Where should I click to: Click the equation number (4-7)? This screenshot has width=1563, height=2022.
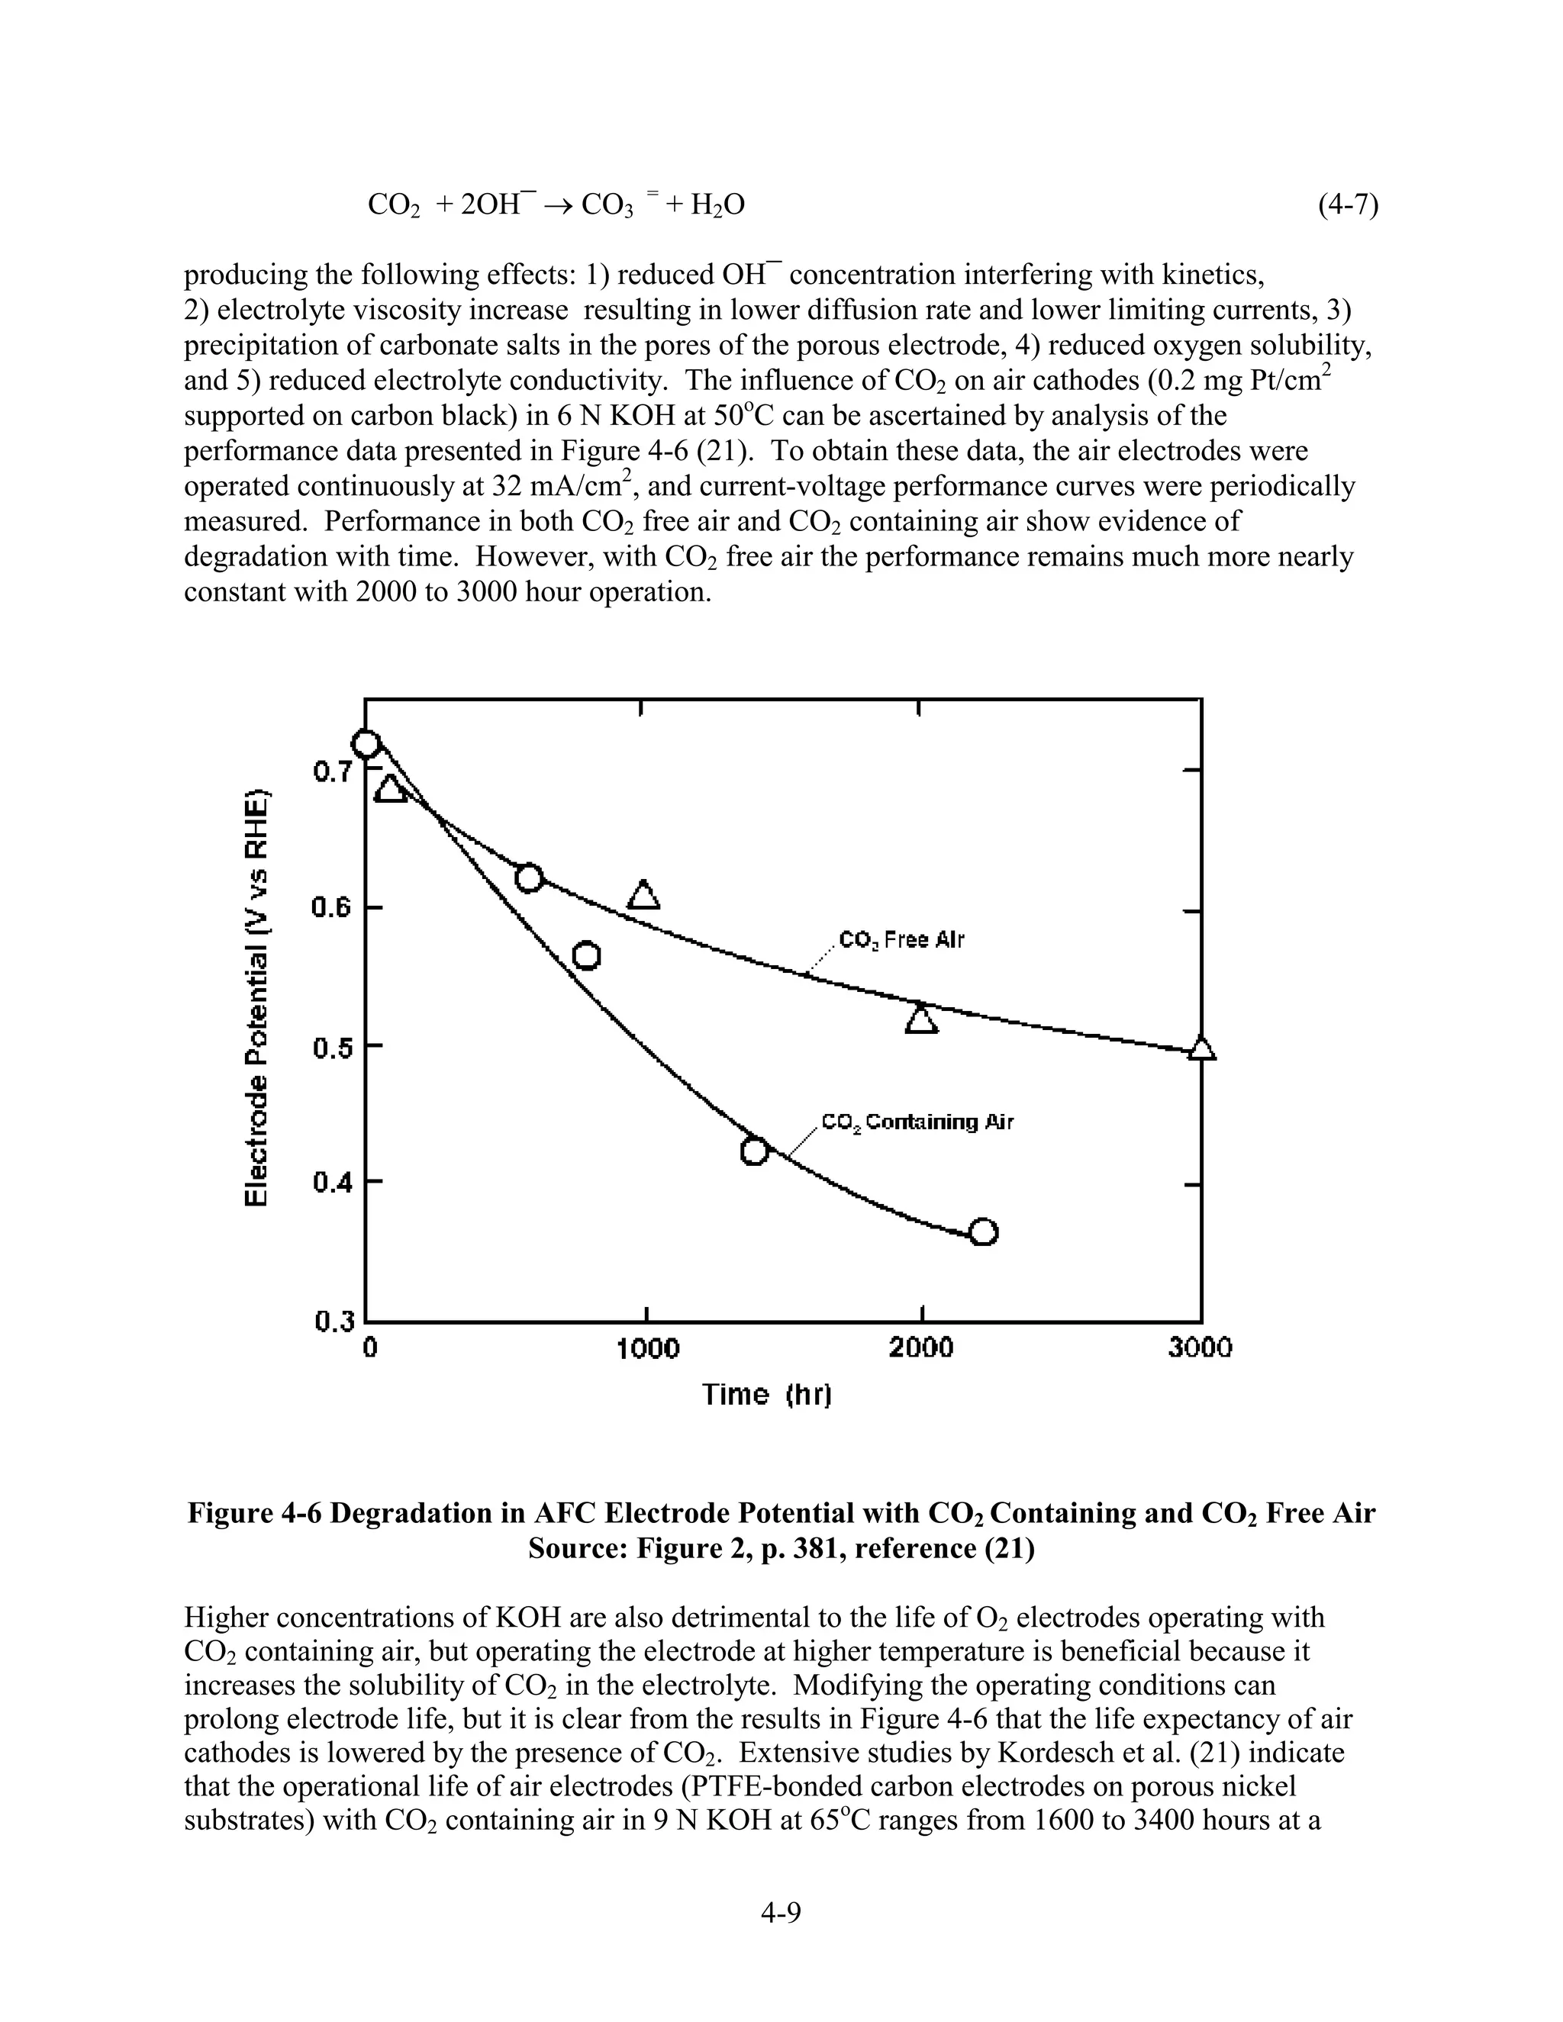[1349, 204]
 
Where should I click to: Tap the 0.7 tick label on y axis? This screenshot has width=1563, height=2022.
[331, 771]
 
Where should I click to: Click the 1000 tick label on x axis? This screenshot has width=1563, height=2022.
[647, 1349]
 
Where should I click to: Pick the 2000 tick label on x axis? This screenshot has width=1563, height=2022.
[921, 1349]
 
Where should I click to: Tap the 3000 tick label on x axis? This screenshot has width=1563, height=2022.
[1200, 1349]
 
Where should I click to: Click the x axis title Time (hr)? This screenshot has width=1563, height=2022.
[767, 1394]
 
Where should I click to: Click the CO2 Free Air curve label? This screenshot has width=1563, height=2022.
[901, 941]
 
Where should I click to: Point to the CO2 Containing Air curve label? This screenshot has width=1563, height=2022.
[917, 1123]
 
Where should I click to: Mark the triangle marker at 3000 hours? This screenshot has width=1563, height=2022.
[1201, 1048]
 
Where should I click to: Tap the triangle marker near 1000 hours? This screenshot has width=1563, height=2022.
[643, 895]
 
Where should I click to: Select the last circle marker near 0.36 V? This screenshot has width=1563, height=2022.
[983, 1232]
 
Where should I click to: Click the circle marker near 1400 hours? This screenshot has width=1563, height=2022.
[756, 1151]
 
